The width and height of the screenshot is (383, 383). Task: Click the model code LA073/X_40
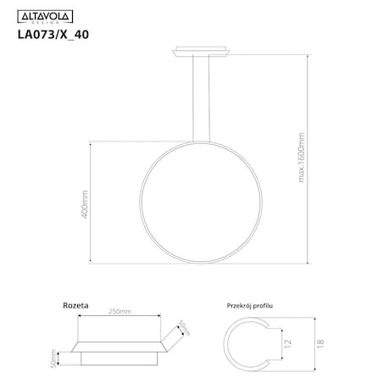pyautogui.click(x=53, y=36)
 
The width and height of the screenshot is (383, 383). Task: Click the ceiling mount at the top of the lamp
pyautogui.click(x=203, y=51)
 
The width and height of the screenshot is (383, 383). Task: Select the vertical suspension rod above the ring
pyautogui.click(x=203, y=102)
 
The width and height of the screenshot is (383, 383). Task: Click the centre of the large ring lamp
pyautogui.click(x=203, y=204)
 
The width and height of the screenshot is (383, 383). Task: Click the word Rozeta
pyautogui.click(x=76, y=303)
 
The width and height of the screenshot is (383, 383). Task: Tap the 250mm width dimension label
pyautogui.click(x=119, y=312)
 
